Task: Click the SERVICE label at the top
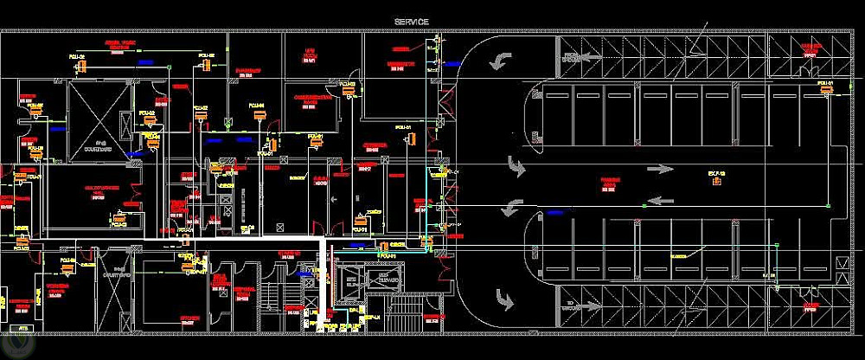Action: click(412, 22)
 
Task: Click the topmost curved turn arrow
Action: click(499, 60)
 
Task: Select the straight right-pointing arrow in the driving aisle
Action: click(662, 169)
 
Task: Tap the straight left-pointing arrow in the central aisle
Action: click(662, 201)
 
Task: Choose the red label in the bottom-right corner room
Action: click(811, 307)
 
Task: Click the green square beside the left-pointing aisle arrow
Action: click(644, 204)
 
